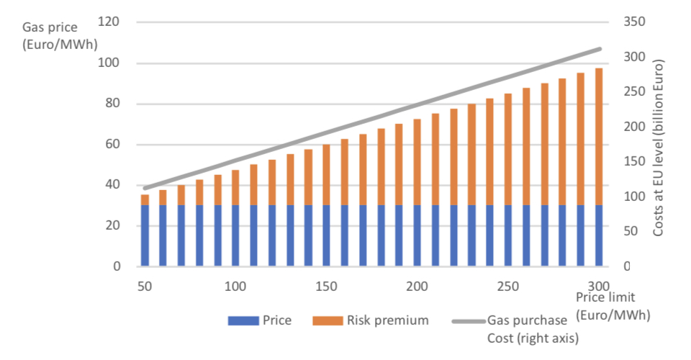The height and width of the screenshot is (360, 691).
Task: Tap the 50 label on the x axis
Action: pos(145,286)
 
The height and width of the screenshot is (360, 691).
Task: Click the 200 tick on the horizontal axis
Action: pos(417,286)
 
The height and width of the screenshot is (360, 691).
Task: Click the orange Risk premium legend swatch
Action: pos(328,320)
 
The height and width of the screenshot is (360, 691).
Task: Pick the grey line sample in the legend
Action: pos(468,320)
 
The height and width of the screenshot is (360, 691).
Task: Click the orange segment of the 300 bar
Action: pos(598,137)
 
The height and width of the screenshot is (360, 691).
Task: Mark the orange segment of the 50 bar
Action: pos(145,199)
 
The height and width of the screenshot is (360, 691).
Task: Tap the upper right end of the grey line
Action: pos(600,49)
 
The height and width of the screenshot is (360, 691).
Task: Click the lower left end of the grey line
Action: pos(145,188)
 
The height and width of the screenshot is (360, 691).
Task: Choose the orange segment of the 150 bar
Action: pos(326,175)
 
